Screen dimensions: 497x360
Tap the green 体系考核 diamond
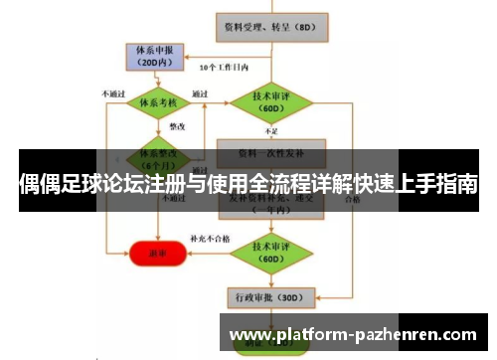pyautogui.click(x=156, y=101)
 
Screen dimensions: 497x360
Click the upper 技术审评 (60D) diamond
pyautogui.click(x=265, y=101)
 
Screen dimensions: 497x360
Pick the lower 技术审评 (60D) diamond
pyautogui.click(x=265, y=247)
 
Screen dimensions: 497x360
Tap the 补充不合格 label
pyautogui.click(x=209, y=239)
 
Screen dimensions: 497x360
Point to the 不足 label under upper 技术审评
pyautogui.click(x=271, y=130)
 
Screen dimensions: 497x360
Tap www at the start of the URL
pyautogui.click(x=248, y=335)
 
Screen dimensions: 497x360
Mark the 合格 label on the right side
pyautogui.click(x=351, y=198)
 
